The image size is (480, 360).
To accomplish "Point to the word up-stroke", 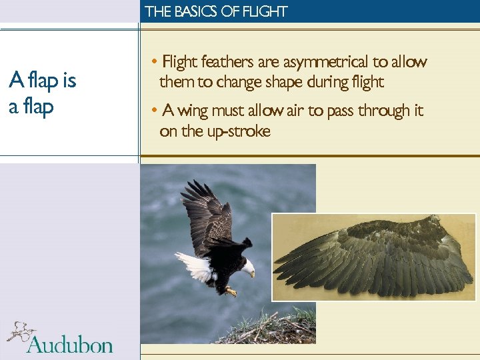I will point(237,131).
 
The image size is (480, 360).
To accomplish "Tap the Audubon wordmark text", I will point(69,344).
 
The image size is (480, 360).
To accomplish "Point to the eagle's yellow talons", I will point(231,291).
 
